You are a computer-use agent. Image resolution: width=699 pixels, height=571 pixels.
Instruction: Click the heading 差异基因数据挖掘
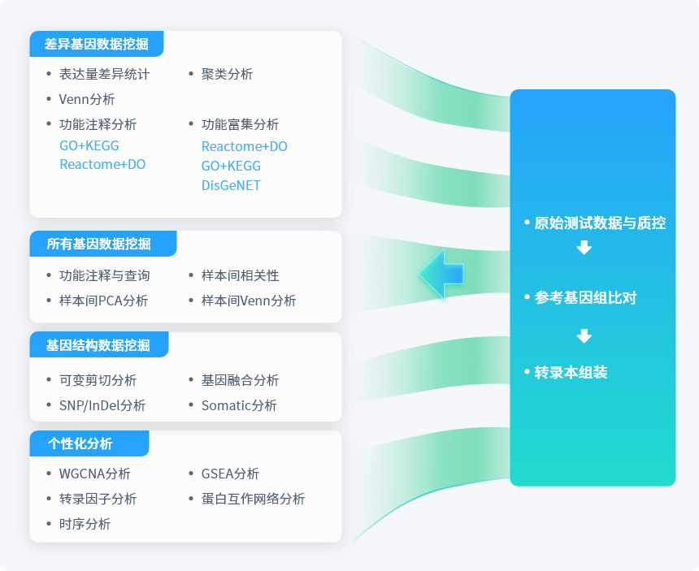click(x=96, y=44)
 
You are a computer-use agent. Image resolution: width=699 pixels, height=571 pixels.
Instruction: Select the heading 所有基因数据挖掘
click(x=98, y=244)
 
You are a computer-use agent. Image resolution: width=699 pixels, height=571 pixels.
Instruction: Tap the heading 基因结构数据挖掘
click(x=98, y=344)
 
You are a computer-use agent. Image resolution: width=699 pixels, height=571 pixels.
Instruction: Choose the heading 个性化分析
click(x=80, y=443)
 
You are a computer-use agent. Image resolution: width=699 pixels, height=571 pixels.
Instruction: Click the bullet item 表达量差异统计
click(x=104, y=74)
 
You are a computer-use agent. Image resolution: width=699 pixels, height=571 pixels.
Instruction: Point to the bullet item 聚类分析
click(x=227, y=74)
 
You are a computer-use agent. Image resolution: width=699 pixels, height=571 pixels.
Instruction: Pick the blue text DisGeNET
click(x=231, y=185)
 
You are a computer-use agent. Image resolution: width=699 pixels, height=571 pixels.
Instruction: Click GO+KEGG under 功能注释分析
click(x=89, y=145)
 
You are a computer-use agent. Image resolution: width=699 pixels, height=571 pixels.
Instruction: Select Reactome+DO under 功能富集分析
click(x=245, y=146)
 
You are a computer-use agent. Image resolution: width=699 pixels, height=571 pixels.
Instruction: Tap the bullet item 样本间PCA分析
click(x=103, y=301)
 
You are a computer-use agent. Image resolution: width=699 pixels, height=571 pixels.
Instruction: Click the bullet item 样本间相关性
click(x=240, y=275)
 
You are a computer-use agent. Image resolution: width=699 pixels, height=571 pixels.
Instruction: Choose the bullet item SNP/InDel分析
click(x=102, y=405)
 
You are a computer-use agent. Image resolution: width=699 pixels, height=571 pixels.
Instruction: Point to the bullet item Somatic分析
click(x=239, y=405)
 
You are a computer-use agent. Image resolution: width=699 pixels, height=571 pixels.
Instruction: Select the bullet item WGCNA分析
click(x=94, y=474)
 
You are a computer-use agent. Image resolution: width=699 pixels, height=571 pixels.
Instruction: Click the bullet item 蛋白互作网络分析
click(x=253, y=499)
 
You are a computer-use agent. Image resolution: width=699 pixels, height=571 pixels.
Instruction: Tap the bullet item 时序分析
click(x=85, y=524)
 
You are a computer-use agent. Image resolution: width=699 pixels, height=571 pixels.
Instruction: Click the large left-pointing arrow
click(x=441, y=274)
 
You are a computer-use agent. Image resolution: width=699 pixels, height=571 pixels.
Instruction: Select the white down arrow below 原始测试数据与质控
click(x=584, y=248)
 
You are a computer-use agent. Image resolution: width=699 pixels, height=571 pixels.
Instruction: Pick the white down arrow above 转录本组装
click(x=584, y=335)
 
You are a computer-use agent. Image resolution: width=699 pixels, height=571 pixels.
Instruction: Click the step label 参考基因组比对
click(x=585, y=297)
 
